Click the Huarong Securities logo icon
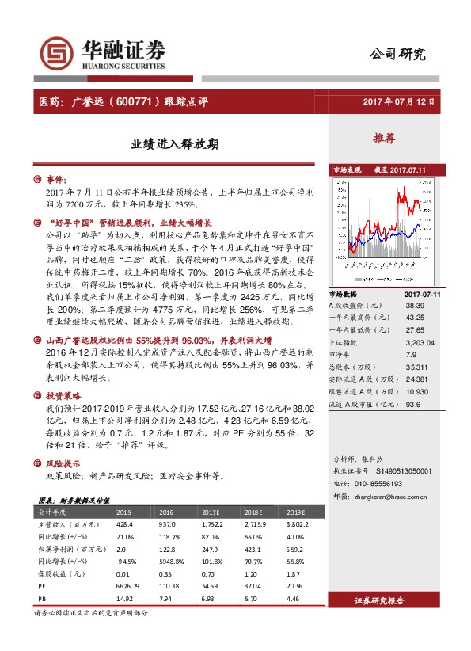tap(55, 52)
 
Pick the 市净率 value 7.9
tap(412, 355)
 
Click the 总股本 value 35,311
tap(416, 367)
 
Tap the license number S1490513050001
tap(404, 470)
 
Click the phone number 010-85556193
tap(397, 483)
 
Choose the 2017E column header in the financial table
tap(210, 512)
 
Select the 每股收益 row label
tap(59, 573)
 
